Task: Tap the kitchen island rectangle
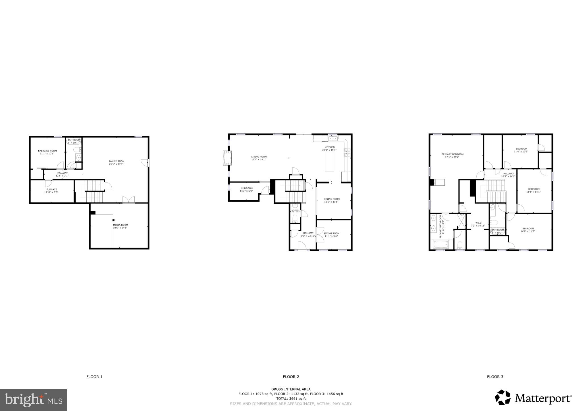pos(329,162)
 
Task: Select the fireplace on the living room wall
pos(227,158)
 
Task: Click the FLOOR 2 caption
pos(291,377)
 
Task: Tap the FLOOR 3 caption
pos(495,377)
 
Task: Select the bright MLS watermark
pos(34,400)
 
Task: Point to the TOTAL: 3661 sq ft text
pos(291,399)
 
